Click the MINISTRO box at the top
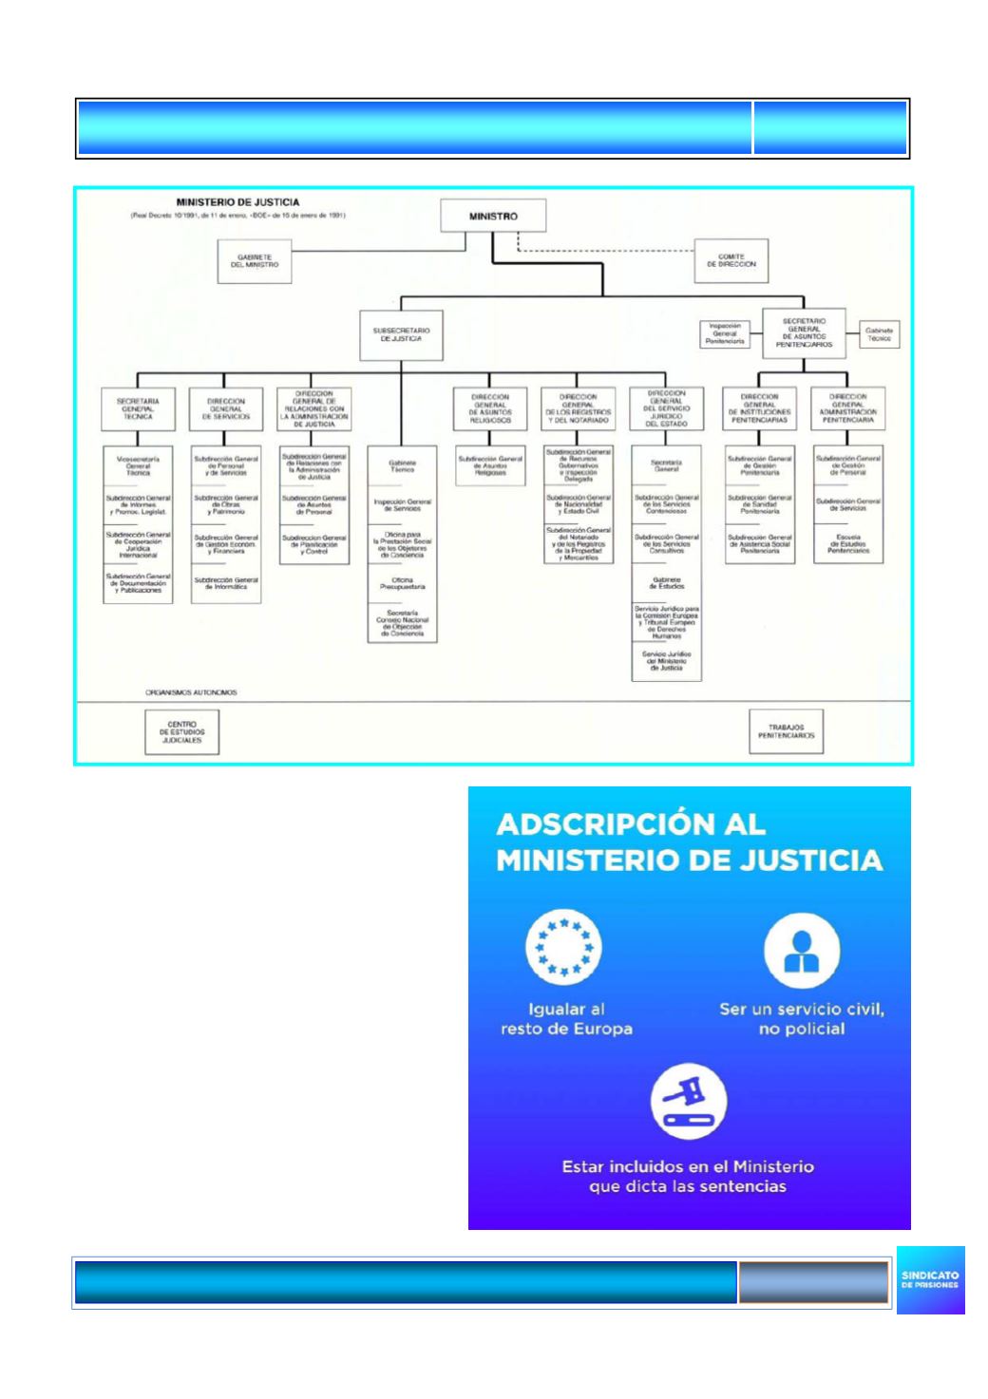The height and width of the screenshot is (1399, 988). (x=493, y=216)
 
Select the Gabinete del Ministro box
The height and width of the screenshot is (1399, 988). (x=254, y=260)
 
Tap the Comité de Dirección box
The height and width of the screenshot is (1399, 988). (x=731, y=260)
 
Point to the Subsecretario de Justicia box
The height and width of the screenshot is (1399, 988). (x=401, y=335)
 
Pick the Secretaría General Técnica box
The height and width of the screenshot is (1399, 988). (x=138, y=408)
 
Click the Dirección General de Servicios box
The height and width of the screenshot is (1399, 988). (x=225, y=408)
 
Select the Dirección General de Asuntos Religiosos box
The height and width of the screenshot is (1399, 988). (x=490, y=408)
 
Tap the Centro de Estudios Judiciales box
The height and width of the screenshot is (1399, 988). (x=181, y=732)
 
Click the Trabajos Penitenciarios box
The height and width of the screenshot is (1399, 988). (x=786, y=732)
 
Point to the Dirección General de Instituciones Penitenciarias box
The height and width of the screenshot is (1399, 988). (x=760, y=408)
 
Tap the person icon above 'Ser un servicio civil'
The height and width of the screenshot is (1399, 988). (x=802, y=952)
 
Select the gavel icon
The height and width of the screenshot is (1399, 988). (x=688, y=1104)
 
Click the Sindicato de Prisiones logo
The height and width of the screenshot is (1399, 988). (x=930, y=1279)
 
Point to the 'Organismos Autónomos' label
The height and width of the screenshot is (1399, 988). (x=191, y=692)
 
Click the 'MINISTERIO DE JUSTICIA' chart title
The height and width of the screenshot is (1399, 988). (x=237, y=202)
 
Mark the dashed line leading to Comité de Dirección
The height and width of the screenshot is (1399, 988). (x=608, y=251)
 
